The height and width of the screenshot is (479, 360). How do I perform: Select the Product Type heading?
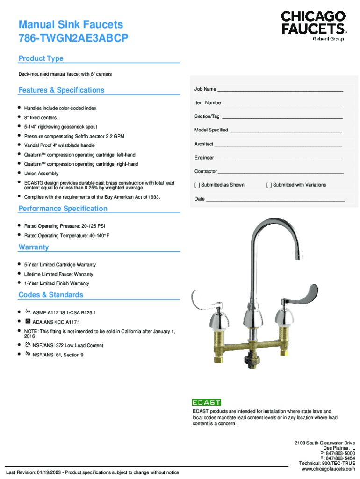point(41,58)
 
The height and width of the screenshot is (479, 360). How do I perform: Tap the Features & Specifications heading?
point(61,90)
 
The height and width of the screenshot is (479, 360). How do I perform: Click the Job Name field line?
point(280,90)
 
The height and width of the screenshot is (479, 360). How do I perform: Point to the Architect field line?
point(278,145)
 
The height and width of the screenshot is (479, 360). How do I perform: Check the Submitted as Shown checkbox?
point(196,185)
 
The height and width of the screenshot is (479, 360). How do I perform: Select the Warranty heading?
point(34,247)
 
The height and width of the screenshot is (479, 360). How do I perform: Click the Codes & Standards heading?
point(50,295)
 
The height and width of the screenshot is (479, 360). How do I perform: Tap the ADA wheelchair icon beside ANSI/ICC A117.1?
point(28,322)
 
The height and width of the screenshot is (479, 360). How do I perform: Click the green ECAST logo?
point(206,402)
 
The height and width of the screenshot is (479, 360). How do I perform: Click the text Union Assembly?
point(41,174)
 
